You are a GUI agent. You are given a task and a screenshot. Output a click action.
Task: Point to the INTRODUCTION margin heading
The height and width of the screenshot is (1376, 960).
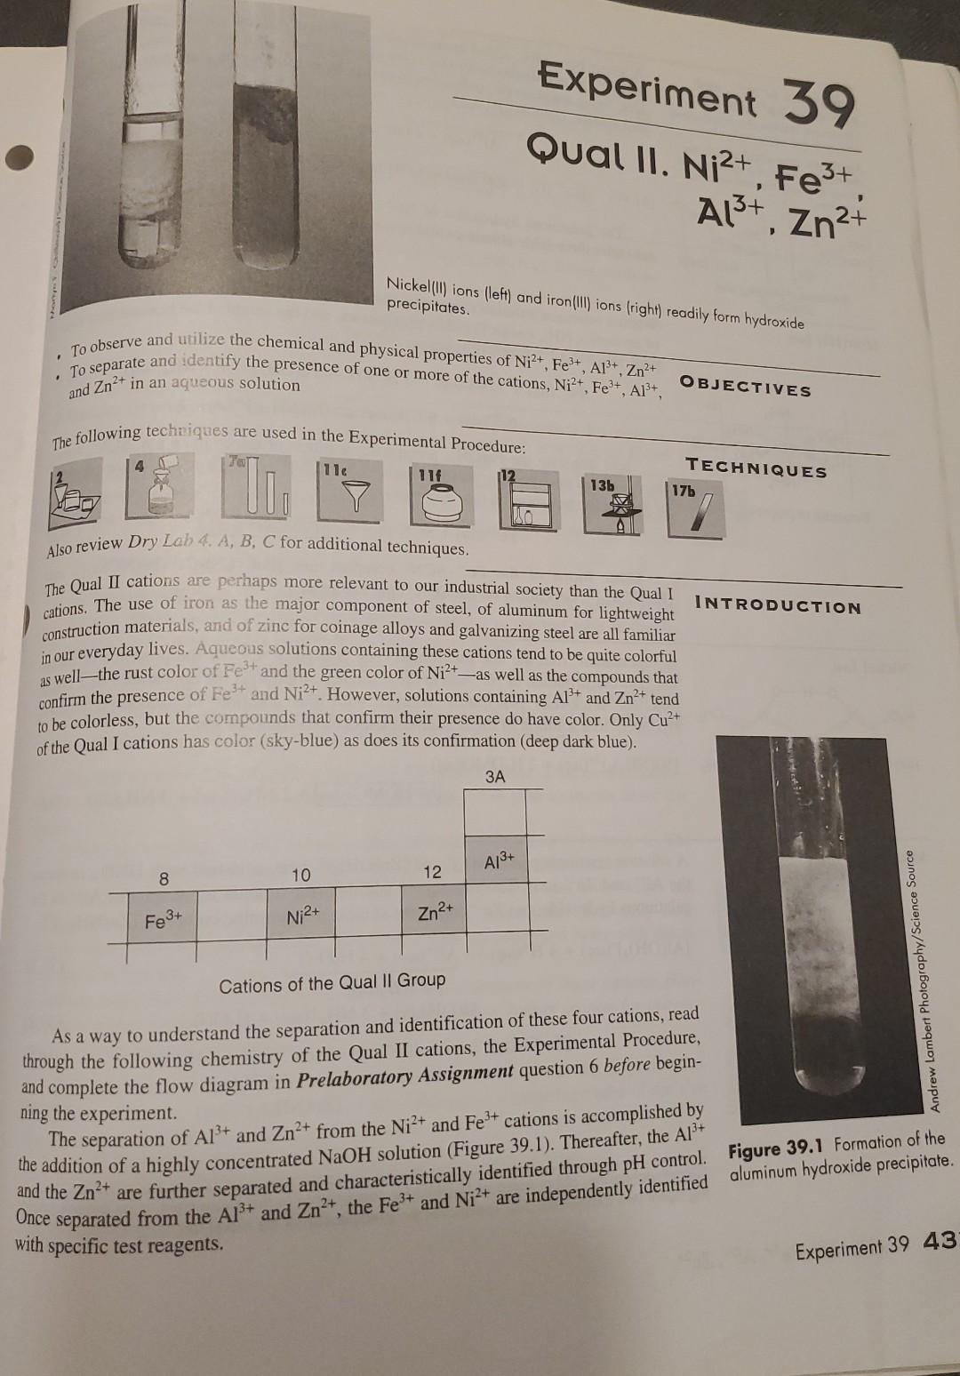(x=779, y=607)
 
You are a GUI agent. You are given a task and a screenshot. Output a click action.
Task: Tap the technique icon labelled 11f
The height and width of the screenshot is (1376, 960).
(x=439, y=499)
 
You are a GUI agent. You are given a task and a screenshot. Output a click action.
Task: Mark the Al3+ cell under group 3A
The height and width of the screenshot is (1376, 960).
(x=500, y=861)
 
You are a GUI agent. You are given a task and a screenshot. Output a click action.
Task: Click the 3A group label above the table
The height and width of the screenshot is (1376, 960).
(x=495, y=776)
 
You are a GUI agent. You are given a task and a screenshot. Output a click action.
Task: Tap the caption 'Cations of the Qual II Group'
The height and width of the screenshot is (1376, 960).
(x=332, y=982)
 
